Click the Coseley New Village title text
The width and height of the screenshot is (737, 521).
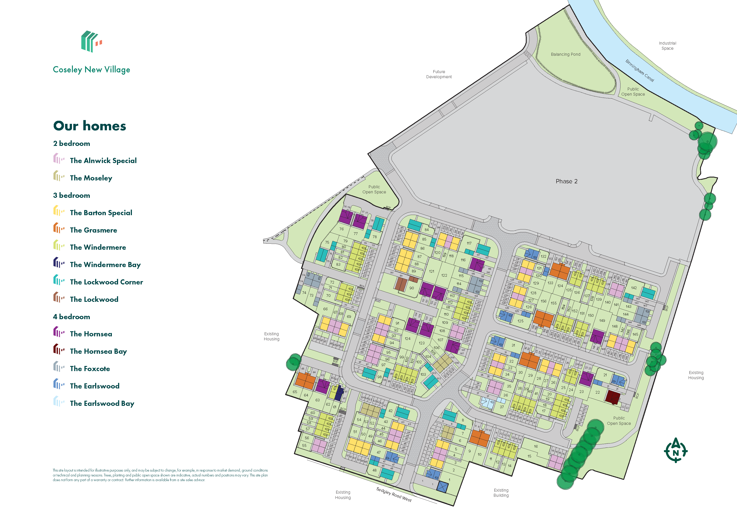(x=92, y=70)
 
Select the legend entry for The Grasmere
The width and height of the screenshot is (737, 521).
(x=93, y=230)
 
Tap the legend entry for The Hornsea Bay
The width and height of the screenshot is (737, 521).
(x=98, y=351)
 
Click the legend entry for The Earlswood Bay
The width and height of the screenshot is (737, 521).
(x=102, y=404)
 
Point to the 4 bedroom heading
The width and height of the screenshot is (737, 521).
(x=72, y=317)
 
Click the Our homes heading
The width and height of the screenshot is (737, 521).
(x=90, y=126)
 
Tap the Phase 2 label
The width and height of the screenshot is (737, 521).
(x=566, y=181)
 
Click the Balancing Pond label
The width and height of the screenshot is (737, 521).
(x=566, y=55)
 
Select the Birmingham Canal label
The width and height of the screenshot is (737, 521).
(x=639, y=70)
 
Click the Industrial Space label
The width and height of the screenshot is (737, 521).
(x=667, y=46)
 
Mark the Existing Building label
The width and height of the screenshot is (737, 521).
(x=501, y=493)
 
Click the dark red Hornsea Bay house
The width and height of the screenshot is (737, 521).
(x=612, y=397)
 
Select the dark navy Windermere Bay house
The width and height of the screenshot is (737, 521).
(x=339, y=394)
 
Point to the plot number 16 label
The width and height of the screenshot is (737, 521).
(x=536, y=447)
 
